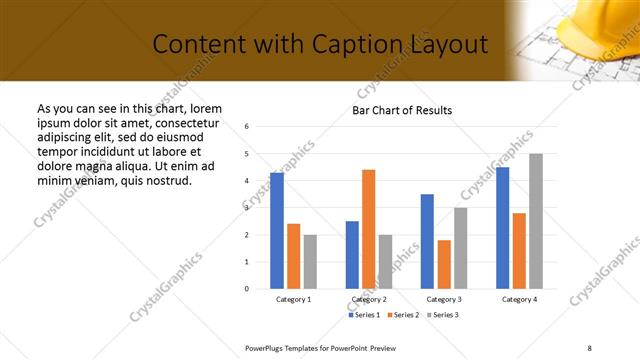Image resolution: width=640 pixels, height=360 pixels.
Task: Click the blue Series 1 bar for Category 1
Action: (x=277, y=231)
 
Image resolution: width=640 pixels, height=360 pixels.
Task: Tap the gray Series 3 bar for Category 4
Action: (x=536, y=221)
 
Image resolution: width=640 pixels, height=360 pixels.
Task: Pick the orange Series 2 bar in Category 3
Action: (x=444, y=264)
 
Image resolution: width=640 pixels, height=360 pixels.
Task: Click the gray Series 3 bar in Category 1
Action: (x=310, y=262)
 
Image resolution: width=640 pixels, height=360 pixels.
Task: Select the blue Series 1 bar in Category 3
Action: (x=427, y=241)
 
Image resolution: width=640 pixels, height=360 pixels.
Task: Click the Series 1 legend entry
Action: (x=365, y=315)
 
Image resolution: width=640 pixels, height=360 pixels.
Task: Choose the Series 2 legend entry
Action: (x=402, y=315)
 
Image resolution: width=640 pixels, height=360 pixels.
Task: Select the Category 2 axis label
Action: (x=369, y=299)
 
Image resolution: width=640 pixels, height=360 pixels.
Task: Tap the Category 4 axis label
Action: (x=519, y=299)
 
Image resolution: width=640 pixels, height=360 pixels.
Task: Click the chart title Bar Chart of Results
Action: (x=402, y=110)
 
